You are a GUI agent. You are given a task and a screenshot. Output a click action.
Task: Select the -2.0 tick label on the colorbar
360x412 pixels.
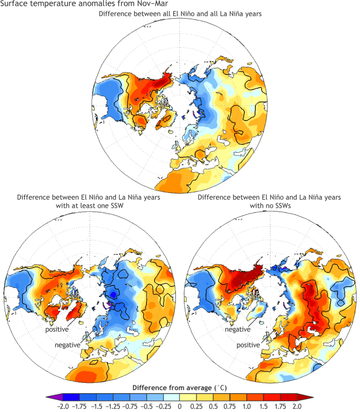(x=62, y=406)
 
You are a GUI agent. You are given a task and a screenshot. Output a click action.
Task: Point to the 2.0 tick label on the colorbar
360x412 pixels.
(x=297, y=406)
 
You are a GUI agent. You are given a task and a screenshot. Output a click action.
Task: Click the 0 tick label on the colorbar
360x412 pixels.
(x=179, y=406)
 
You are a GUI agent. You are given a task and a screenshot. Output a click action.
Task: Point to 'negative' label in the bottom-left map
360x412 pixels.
(x=67, y=345)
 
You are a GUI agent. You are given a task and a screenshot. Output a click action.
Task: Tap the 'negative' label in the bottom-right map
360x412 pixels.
(x=238, y=329)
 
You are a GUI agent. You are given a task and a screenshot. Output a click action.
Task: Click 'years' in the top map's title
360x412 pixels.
(x=251, y=14)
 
